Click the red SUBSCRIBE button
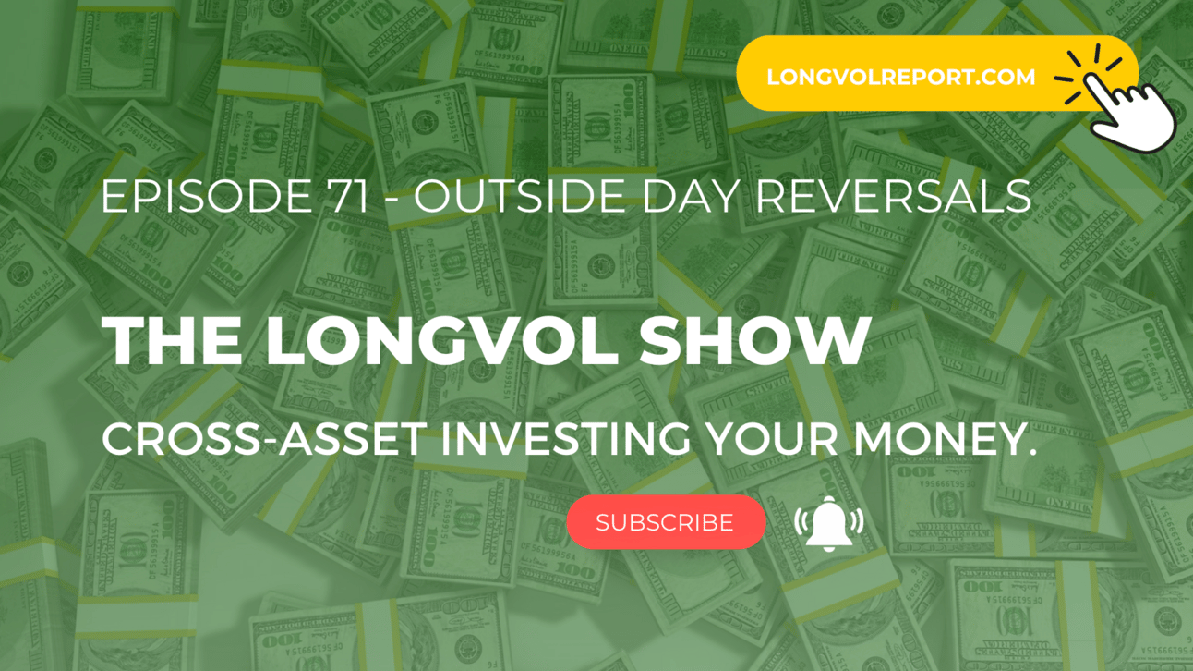(x=666, y=522)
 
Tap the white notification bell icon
(x=828, y=523)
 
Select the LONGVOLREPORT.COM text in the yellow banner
(x=900, y=78)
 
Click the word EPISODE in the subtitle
(x=207, y=196)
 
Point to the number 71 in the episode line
(x=349, y=196)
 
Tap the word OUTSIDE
(x=520, y=196)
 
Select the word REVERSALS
(x=894, y=196)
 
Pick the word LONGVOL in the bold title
(x=442, y=340)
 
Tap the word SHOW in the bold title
(x=754, y=340)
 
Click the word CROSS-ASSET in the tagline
(x=264, y=439)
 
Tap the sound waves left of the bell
(x=800, y=521)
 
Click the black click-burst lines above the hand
(x=1087, y=75)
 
